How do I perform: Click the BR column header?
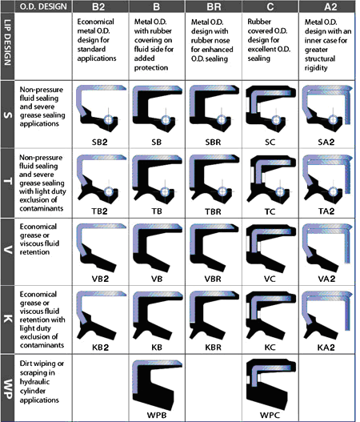[214, 6]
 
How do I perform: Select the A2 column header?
[330, 6]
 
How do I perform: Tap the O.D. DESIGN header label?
[43, 6]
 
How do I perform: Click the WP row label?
[7, 388]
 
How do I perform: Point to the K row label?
[7, 320]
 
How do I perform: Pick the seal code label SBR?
[213, 142]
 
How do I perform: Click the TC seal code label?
[270, 211]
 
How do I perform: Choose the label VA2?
[326, 279]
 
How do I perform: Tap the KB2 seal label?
[100, 348]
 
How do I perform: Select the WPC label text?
[270, 415]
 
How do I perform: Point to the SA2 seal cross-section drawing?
[327, 107]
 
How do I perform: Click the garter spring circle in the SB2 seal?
[108, 119]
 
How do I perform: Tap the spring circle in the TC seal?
[280, 192]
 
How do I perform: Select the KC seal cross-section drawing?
[271, 315]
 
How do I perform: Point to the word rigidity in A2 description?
[316, 68]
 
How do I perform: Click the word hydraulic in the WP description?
[30, 382]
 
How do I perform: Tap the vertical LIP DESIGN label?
[7, 42]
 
